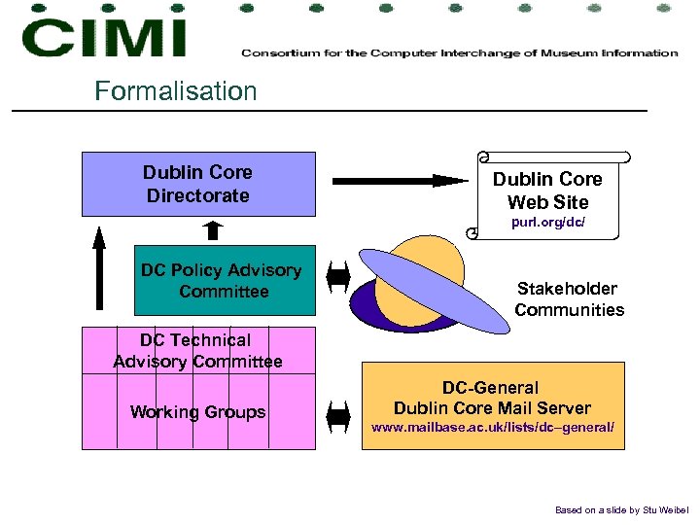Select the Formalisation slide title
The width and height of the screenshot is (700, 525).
click(176, 91)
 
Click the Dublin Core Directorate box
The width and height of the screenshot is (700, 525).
click(198, 184)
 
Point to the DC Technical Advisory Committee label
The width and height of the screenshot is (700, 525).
click(197, 351)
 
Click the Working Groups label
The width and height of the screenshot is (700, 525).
click(197, 412)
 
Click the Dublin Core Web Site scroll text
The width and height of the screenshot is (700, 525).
click(547, 191)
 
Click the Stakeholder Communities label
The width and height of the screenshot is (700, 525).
click(569, 299)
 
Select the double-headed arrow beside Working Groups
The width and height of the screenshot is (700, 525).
click(338, 417)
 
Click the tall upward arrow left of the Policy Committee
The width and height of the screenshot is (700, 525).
click(98, 266)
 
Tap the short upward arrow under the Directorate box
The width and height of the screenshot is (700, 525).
click(213, 230)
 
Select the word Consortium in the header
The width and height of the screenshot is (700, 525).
click(278, 52)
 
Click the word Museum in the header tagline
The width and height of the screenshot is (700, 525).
click(565, 52)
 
